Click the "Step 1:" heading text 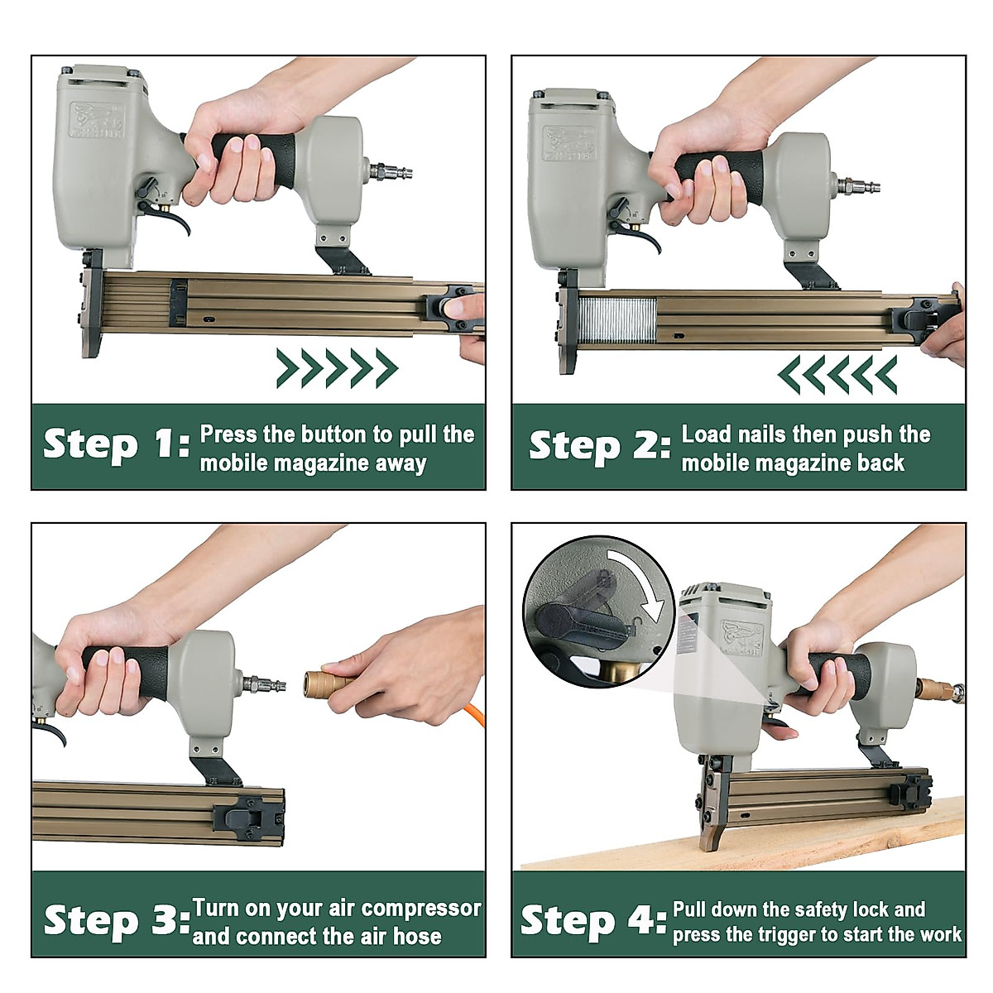coord(117,445)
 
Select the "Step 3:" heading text coord(118,920)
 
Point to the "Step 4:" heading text coord(593,920)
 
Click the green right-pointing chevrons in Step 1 coord(338,368)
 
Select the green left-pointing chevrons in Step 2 coord(837,374)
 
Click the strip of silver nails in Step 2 coord(617,320)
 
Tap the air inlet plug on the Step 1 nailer coord(391,170)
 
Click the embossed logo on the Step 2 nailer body coord(568,142)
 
